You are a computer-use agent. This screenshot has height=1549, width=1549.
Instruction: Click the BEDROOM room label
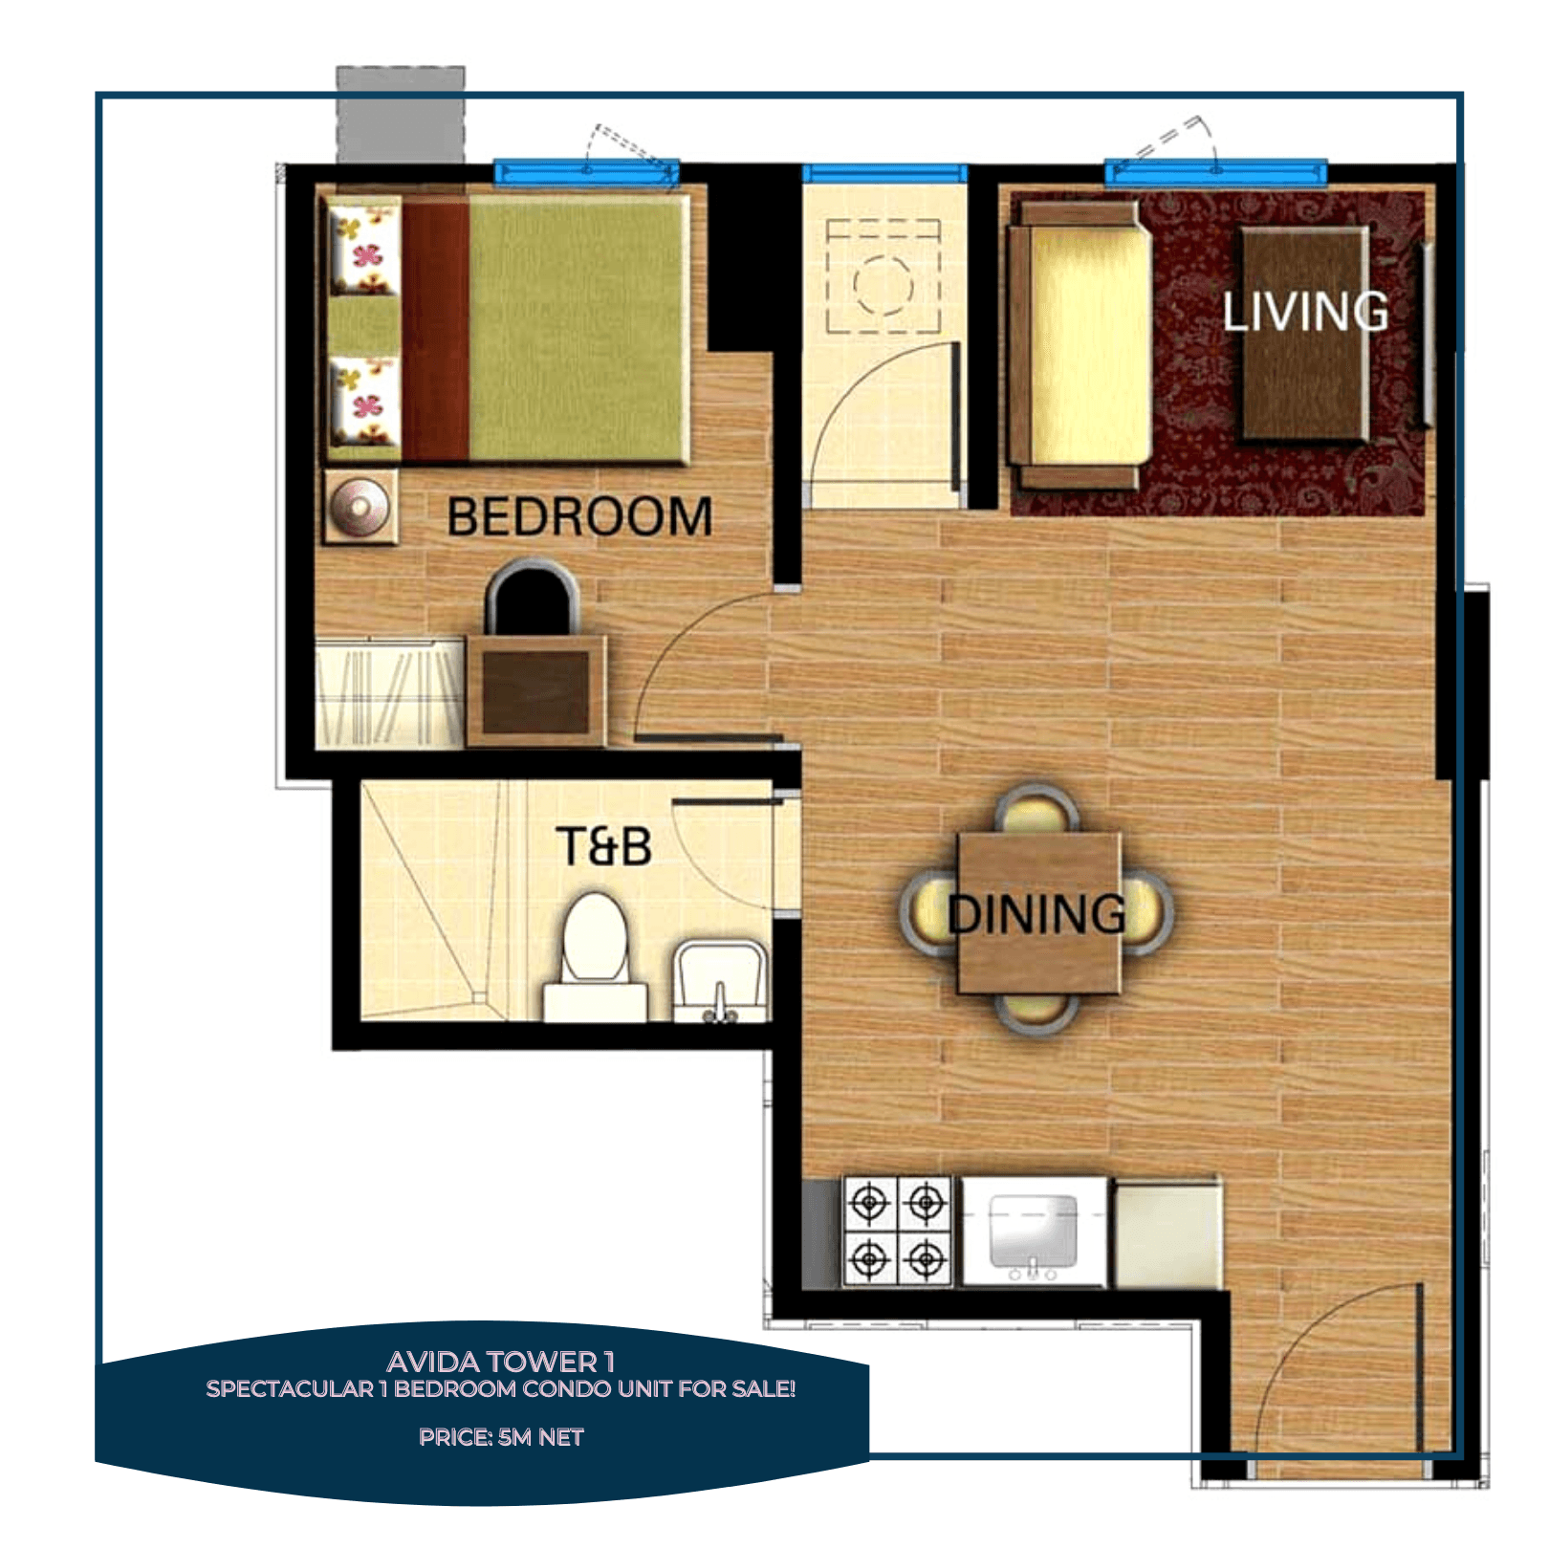coord(579,517)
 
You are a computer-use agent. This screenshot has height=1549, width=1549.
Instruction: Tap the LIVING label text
coord(1305,312)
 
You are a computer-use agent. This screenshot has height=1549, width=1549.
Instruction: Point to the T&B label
coord(603,847)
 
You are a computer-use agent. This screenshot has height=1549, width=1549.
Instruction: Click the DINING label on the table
coord(1037,914)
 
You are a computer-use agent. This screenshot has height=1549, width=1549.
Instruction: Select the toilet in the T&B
coord(595,947)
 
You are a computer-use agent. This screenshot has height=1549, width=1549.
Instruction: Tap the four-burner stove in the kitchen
coord(897,1232)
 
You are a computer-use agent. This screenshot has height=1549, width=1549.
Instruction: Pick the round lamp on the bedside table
coord(359,507)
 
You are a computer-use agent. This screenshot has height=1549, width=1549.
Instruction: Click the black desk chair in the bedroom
coord(532,598)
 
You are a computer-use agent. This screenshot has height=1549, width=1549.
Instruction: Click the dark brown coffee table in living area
coord(1306,335)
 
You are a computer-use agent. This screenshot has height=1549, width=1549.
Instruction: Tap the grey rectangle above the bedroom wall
coord(401,115)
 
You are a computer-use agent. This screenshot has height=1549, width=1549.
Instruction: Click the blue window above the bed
coord(586,173)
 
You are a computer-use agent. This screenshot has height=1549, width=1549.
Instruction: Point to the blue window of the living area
coord(1215,173)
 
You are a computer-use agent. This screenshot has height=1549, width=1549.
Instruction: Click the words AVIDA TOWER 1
coord(500,1362)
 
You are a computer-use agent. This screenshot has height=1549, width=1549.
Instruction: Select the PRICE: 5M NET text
coord(500,1437)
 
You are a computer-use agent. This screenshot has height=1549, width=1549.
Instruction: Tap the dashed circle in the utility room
coord(883,285)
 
